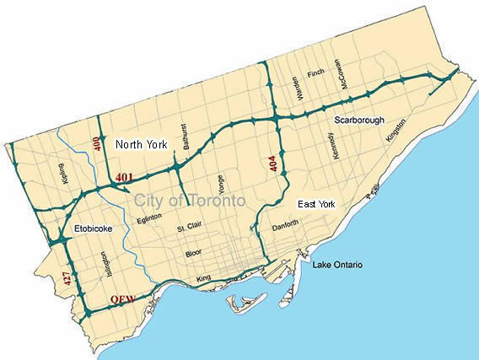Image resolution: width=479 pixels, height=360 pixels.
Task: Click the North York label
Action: tap(141, 143)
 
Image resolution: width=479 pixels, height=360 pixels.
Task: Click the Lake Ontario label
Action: tap(337, 266)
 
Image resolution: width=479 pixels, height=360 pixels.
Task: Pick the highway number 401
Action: tap(125, 177)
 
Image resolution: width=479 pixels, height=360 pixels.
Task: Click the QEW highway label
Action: tap(124, 299)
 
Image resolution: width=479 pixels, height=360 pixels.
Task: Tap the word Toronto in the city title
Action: tap(211, 201)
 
